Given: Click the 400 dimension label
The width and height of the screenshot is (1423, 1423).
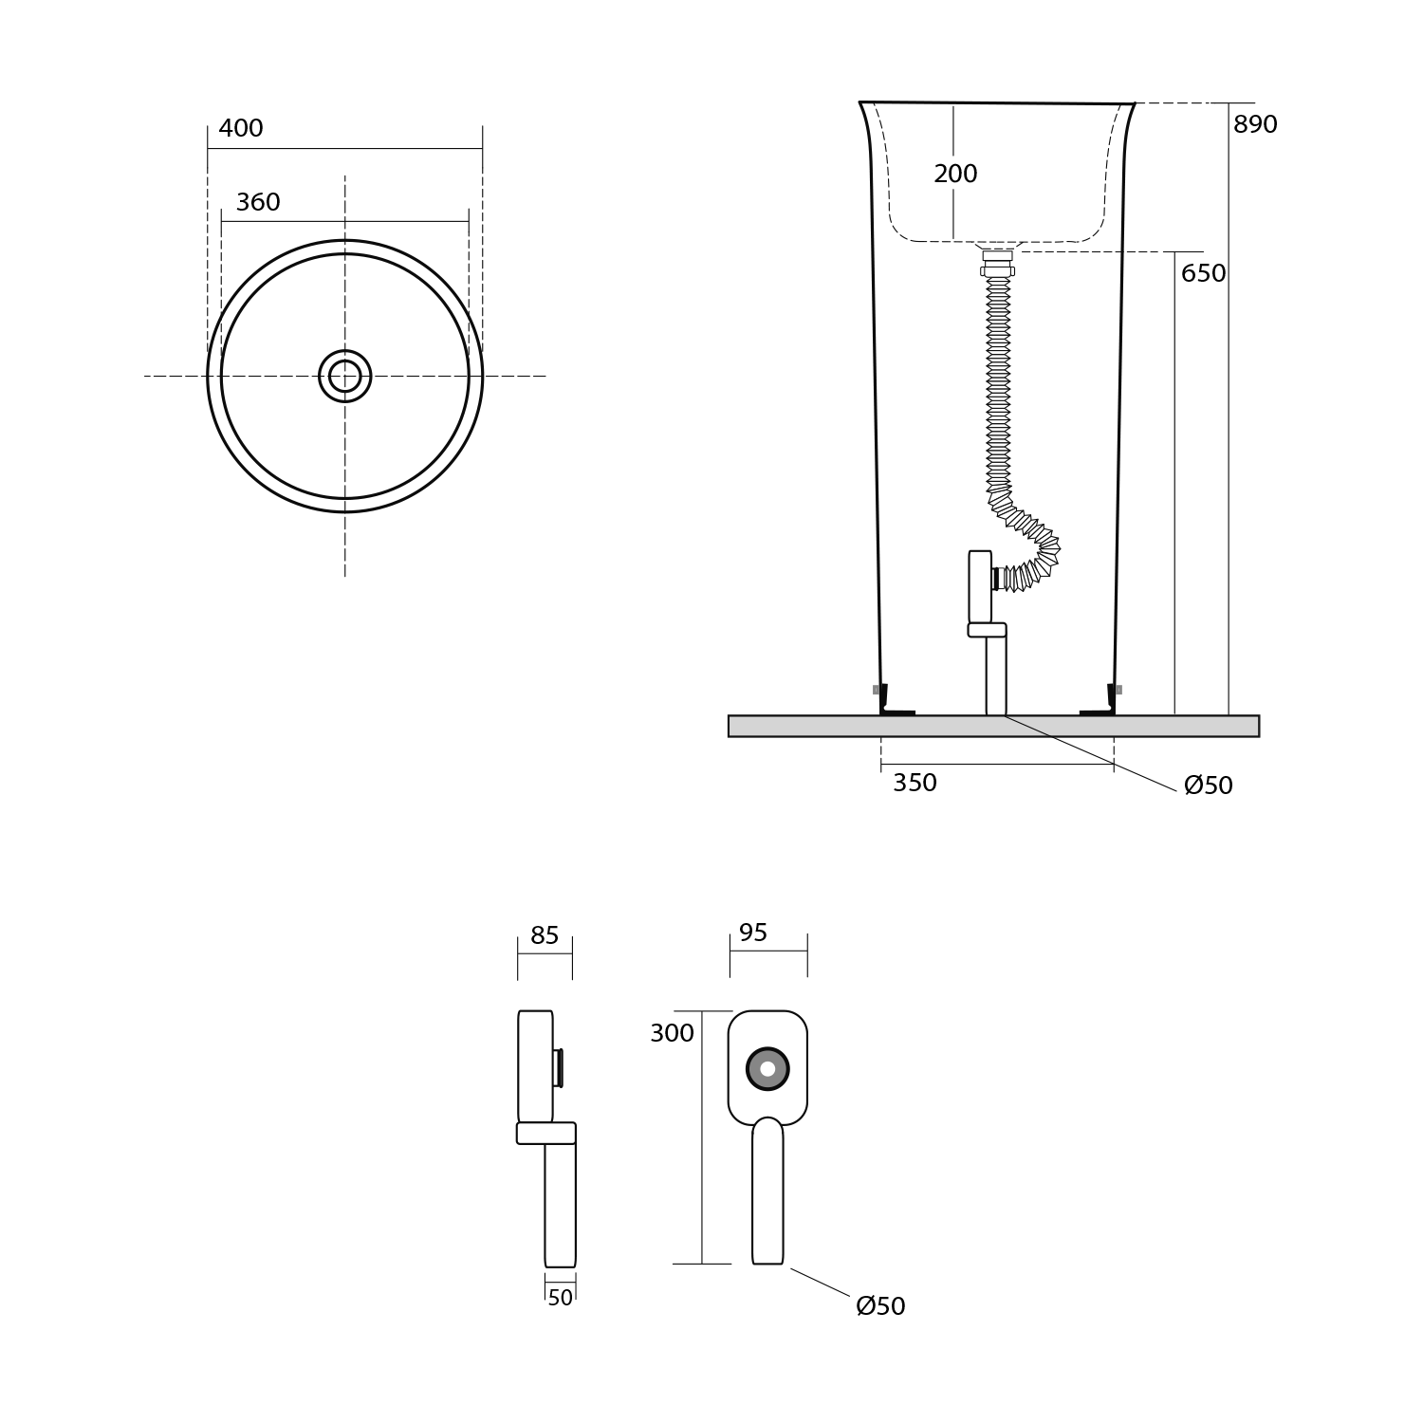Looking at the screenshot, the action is [x=241, y=129].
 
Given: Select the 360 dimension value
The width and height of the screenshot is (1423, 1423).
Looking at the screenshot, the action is [x=258, y=203].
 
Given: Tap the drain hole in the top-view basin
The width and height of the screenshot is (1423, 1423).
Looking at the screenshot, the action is [x=345, y=376].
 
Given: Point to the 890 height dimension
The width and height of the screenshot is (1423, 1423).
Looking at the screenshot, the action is [x=1255, y=125].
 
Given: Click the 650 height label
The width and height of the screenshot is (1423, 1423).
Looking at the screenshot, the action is [x=1203, y=274].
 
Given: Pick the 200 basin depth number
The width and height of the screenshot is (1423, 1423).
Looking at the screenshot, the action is [x=955, y=175].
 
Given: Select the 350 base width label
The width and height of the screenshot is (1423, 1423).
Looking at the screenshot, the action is [x=915, y=784].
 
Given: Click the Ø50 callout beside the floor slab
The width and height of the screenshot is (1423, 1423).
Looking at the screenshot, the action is [x=1209, y=785].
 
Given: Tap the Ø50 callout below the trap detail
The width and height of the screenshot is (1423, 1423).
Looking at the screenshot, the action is [x=880, y=1306].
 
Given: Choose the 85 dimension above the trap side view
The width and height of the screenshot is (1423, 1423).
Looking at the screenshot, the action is [x=545, y=936].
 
